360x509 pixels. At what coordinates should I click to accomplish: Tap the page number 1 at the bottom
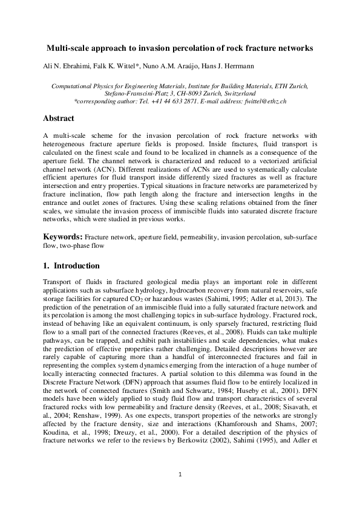[x=180, y=475]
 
